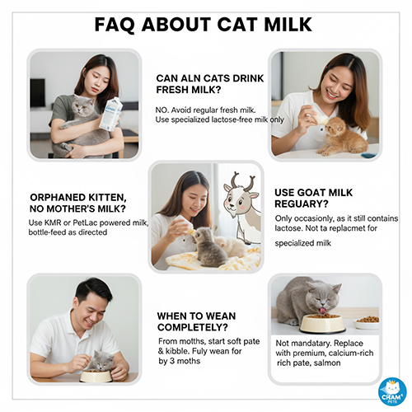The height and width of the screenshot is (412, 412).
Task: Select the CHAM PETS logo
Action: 391,391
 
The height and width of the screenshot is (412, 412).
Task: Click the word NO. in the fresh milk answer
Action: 163,109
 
